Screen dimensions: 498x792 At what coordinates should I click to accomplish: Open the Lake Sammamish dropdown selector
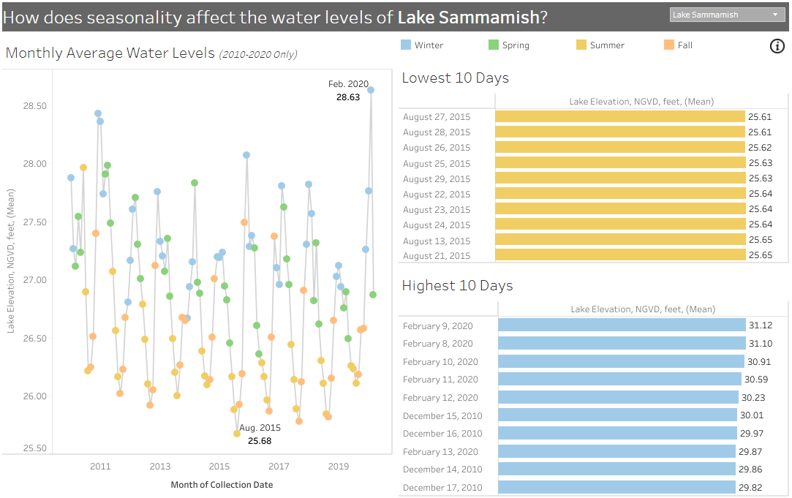[727, 15]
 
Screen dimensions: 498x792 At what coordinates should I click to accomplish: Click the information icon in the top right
[777, 46]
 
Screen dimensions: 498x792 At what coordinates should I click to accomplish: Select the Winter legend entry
[422, 45]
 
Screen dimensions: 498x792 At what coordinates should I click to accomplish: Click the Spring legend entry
[509, 45]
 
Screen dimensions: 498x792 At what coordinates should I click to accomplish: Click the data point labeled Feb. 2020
[371, 90]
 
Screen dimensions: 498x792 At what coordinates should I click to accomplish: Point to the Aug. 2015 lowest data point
[237, 434]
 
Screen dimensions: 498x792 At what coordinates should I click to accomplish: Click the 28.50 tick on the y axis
[34, 106]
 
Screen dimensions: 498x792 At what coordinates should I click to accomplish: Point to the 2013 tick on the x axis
[160, 467]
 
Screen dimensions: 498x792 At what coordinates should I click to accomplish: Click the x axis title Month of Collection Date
[222, 485]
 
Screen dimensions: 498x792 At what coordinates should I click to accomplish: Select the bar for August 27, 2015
[619, 117]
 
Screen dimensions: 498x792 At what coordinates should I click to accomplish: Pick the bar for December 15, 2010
[617, 415]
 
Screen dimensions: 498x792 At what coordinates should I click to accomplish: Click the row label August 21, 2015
[437, 256]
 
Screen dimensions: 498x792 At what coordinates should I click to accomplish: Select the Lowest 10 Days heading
[455, 78]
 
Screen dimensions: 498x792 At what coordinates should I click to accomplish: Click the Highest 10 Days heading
[457, 286]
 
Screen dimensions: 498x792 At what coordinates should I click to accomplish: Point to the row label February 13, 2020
[438, 452]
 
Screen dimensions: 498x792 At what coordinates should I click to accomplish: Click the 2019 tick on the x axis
[338, 467]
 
